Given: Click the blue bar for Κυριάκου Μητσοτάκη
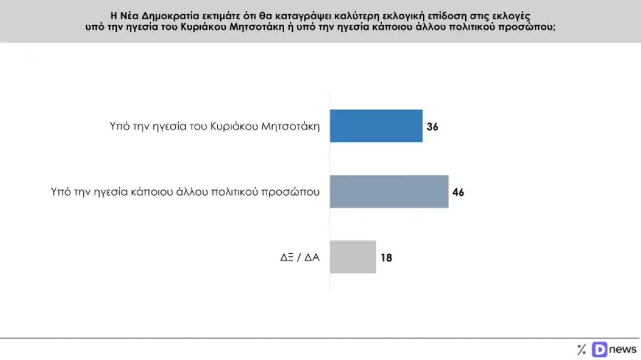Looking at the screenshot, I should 376,126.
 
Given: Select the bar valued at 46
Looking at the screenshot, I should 389,192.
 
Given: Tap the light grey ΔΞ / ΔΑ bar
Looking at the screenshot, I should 352,257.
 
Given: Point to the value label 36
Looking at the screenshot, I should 432,126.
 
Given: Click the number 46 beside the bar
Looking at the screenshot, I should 458,192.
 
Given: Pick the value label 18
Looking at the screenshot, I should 386,257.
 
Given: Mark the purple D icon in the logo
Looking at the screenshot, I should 599,349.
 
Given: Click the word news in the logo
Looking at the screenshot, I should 623,349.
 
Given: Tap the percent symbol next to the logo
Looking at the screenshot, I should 581,349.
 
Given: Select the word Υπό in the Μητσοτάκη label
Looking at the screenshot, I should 119,126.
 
